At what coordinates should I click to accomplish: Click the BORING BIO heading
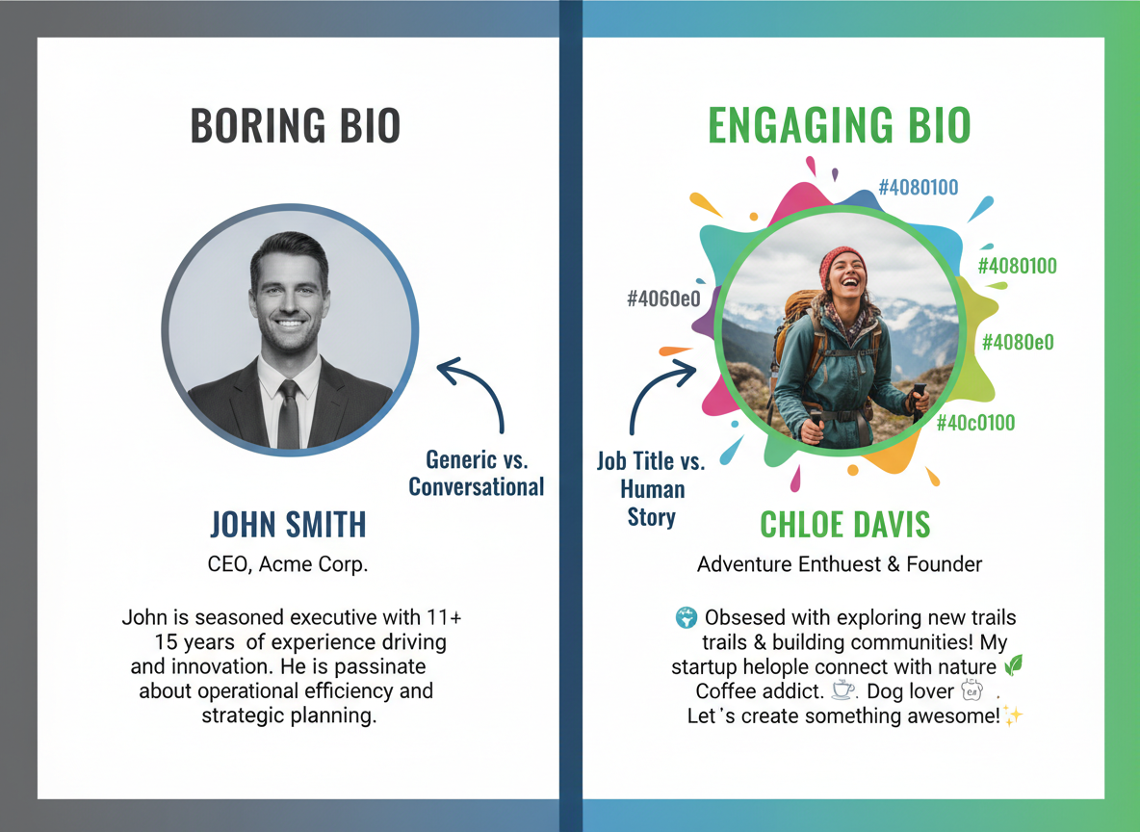point(295,126)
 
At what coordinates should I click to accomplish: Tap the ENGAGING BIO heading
point(839,126)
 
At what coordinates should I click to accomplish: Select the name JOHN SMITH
point(289,525)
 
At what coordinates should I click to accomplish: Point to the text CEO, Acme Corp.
point(288,564)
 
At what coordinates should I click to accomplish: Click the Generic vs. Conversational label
point(477,473)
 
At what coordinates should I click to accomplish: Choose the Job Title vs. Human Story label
point(651,488)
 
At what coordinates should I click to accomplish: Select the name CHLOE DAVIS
point(845,525)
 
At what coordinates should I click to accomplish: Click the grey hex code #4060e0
point(662,299)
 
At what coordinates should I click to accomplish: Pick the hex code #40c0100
point(975,422)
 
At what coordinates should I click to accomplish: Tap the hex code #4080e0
point(1017,342)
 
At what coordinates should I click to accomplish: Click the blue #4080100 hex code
point(919,187)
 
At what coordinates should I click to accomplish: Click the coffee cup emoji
point(843,690)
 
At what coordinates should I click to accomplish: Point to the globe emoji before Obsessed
point(687,617)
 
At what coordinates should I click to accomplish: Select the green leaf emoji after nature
point(1012,665)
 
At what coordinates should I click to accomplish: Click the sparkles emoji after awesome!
point(1012,715)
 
